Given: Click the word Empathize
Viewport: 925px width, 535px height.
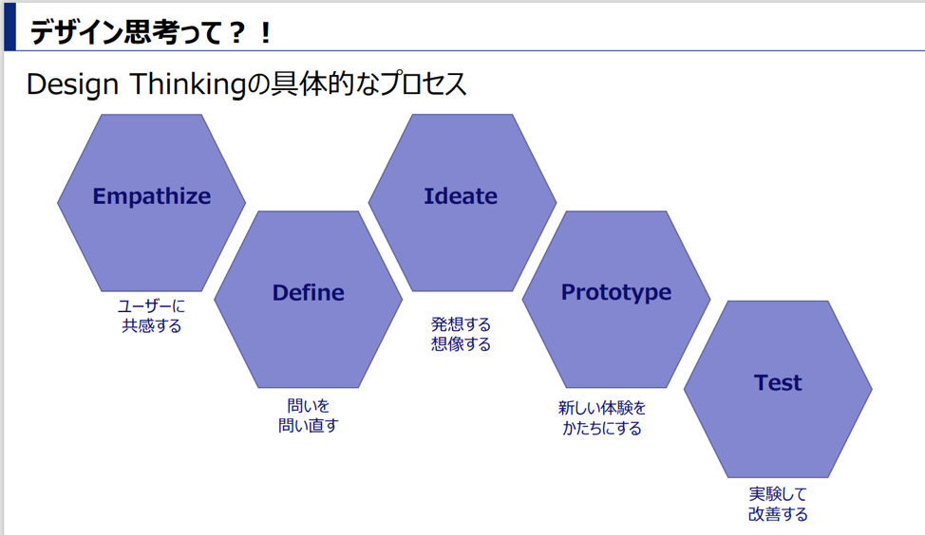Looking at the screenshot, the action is pyautogui.click(x=152, y=196).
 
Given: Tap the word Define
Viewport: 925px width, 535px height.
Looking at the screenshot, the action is pyautogui.click(x=308, y=293).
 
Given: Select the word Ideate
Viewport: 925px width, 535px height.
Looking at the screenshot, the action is pyautogui.click(x=461, y=196).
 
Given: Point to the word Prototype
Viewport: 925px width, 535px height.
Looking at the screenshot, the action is pyautogui.click(x=616, y=293).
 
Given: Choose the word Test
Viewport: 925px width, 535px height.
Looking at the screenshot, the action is pyautogui.click(x=778, y=383).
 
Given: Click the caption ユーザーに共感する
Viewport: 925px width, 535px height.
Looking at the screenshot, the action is pyautogui.click(x=152, y=316).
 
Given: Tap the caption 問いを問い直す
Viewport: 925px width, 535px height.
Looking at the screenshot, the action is pyautogui.click(x=308, y=415).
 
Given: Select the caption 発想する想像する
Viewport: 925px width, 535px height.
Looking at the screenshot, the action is pyautogui.click(x=461, y=334).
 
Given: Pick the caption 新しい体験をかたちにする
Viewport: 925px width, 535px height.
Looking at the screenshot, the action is pyautogui.click(x=602, y=417).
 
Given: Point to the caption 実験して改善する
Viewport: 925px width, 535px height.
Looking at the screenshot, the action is pyautogui.click(x=778, y=504).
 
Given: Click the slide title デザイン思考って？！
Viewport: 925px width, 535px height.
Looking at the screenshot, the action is pyautogui.click(x=151, y=32).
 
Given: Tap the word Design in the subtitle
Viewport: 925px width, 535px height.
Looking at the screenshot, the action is pyautogui.click(x=72, y=84).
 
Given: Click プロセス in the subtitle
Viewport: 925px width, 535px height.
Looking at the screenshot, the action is pyautogui.click(x=423, y=83).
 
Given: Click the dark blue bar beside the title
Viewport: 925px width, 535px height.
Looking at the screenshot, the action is pyautogui.click(x=9, y=27).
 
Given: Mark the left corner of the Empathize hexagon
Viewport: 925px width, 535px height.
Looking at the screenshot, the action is pyautogui.click(x=57, y=203).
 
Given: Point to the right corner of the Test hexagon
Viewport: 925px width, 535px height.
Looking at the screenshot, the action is pyautogui.click(x=872, y=389).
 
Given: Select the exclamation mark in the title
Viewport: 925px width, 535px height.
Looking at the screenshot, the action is pyautogui.click(x=266, y=32).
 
